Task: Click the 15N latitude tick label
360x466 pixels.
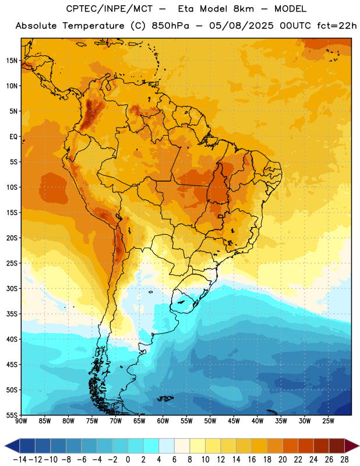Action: [x=12, y=61]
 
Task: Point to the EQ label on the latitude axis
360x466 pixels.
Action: [x=13, y=137]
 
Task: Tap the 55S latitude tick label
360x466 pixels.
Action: [x=12, y=415]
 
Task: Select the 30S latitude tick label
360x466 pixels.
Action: [x=12, y=288]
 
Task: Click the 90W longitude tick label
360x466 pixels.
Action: [x=21, y=421]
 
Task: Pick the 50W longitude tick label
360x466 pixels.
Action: [x=210, y=421]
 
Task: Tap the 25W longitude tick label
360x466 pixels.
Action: [x=328, y=421]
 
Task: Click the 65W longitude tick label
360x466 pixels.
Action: [x=139, y=421]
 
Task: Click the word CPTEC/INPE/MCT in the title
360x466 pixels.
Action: [x=110, y=9]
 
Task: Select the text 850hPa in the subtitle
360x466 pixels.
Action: [x=170, y=26]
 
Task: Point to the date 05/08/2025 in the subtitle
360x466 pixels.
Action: [x=241, y=26]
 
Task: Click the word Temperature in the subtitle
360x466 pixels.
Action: [x=93, y=26]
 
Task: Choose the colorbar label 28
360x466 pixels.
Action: [x=344, y=460]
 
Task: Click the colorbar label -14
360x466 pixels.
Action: [x=20, y=460]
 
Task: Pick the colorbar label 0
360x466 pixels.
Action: [x=128, y=460]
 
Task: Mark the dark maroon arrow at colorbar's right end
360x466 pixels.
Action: [x=352, y=446]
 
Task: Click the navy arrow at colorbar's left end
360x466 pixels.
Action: [x=12, y=446]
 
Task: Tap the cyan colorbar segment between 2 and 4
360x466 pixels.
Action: [x=151, y=446]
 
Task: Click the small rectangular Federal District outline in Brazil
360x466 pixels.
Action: [x=221, y=216]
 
